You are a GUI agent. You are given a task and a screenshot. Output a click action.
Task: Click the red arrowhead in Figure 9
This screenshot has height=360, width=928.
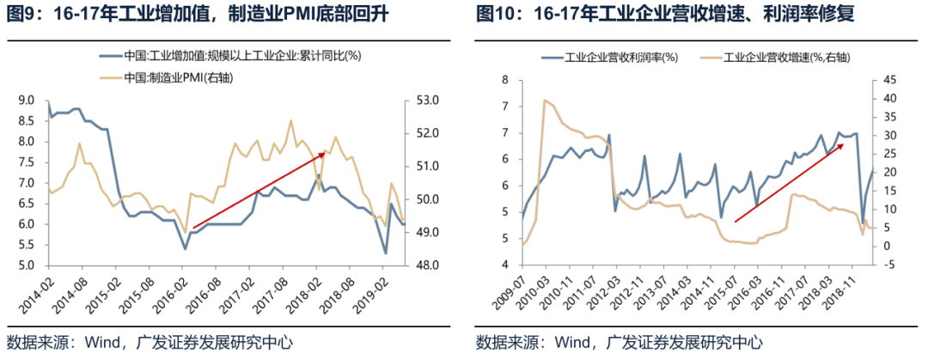[x=329, y=151]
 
